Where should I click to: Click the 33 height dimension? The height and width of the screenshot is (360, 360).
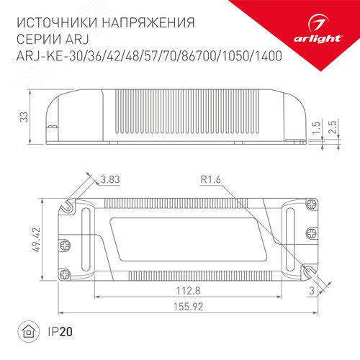tap(25, 116)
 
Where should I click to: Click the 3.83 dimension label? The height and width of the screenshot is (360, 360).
tap(109, 179)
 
